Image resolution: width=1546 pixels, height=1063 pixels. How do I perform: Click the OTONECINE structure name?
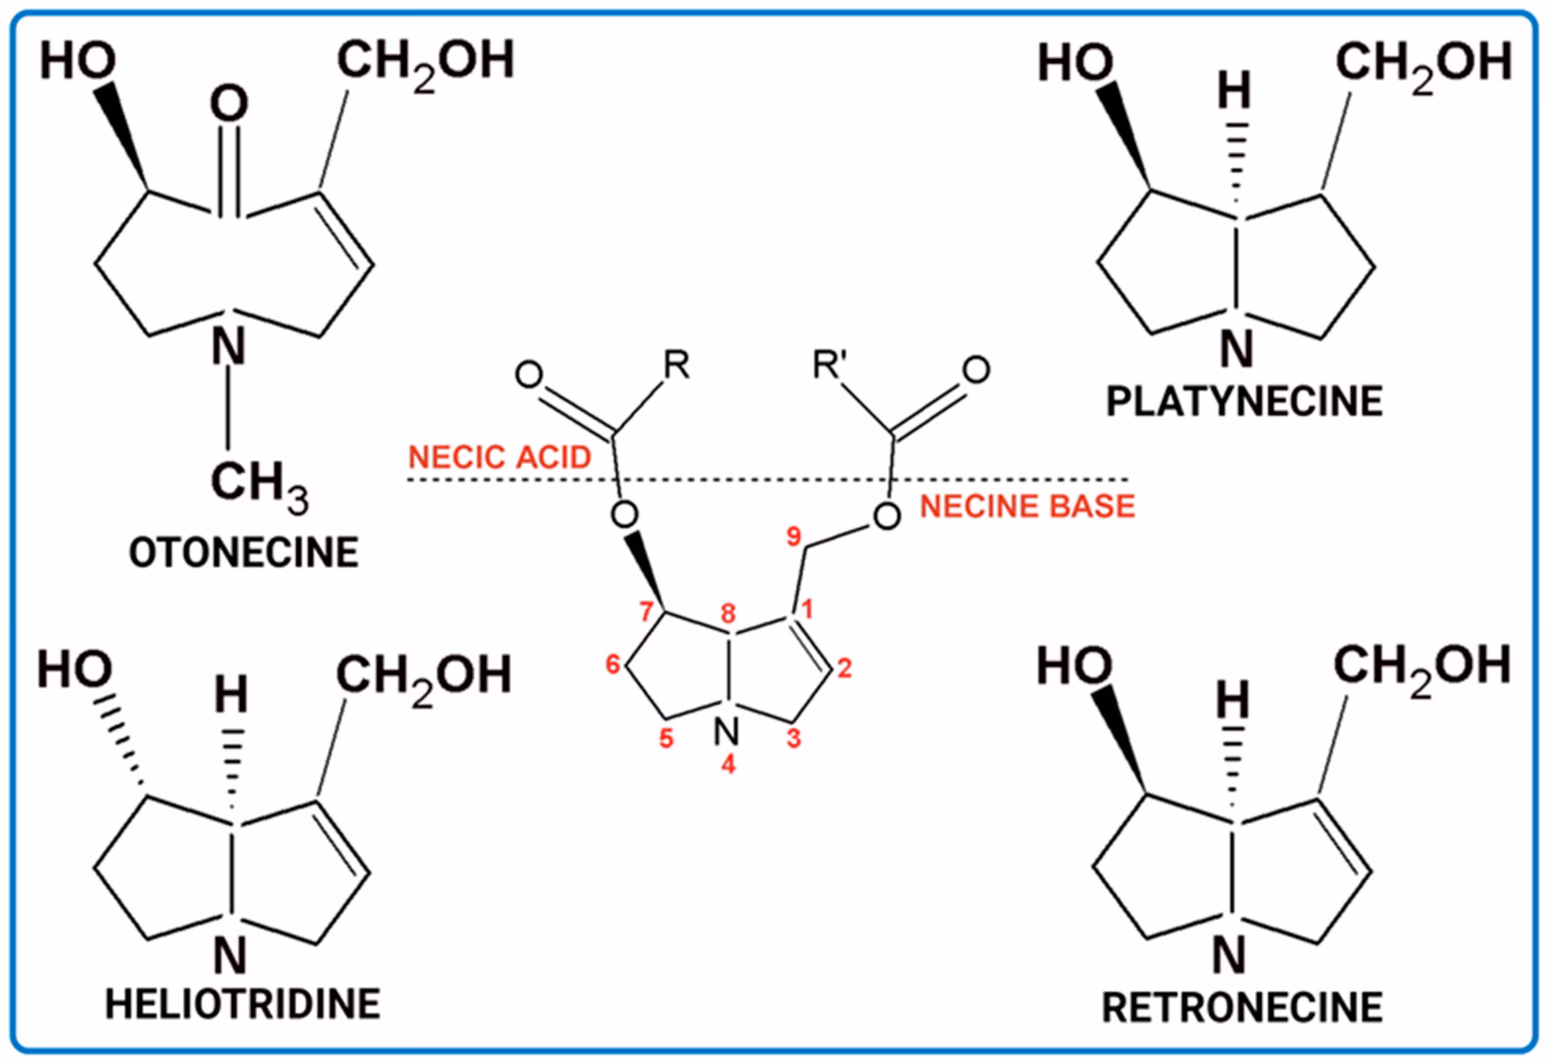[243, 553]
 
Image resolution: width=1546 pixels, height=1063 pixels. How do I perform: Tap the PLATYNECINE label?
[1244, 401]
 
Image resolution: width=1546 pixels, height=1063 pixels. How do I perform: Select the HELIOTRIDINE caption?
[242, 1004]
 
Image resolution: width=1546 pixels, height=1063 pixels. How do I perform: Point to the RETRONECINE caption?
[1242, 1007]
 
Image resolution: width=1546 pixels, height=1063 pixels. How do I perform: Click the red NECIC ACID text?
[499, 457]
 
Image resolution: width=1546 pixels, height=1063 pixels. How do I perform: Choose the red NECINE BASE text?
[1027, 507]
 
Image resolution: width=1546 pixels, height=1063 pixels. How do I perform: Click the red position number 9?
[794, 536]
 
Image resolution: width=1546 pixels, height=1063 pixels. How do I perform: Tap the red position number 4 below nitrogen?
[728, 764]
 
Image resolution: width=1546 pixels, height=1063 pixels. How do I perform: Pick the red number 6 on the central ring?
[613, 664]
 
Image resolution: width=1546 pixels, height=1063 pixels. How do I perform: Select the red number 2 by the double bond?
[844, 668]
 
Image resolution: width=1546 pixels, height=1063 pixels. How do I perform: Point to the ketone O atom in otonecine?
[229, 105]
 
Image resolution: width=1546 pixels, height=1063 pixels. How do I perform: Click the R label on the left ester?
[676, 366]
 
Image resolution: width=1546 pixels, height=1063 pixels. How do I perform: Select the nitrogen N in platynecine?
[1237, 349]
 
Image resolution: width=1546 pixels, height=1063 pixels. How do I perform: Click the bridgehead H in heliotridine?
[231, 694]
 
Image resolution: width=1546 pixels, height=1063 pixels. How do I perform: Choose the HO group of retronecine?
[1074, 667]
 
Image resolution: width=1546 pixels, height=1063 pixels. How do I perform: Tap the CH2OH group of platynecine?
[1423, 63]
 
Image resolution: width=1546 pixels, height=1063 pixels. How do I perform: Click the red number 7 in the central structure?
[646, 612]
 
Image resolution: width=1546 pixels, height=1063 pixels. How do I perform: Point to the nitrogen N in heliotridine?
[230, 956]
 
